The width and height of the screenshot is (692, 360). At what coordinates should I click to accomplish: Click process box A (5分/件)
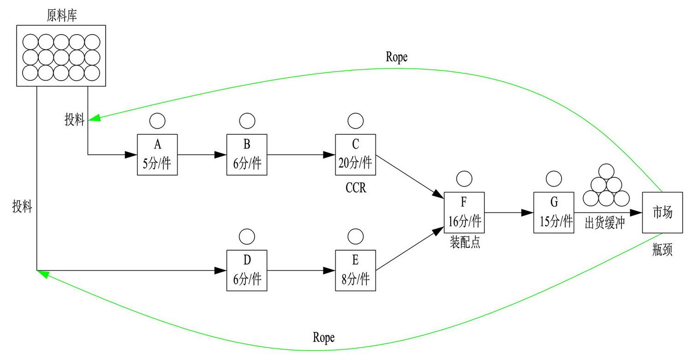tap(157, 155)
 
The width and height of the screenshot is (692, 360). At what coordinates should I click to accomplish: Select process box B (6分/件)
tap(247, 155)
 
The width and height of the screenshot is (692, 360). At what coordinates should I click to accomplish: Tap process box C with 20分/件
tap(355, 155)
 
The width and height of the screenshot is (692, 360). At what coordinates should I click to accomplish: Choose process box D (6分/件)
tap(247, 270)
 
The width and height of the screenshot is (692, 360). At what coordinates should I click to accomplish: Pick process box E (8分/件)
tap(355, 270)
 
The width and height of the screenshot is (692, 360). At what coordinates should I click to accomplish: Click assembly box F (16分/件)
tap(464, 212)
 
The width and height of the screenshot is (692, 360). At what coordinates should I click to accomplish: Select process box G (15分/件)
tap(554, 212)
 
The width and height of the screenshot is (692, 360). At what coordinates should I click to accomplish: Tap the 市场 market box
tap(662, 212)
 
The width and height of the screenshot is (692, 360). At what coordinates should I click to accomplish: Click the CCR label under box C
tap(356, 188)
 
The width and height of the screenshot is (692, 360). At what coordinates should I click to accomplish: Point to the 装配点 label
tap(465, 243)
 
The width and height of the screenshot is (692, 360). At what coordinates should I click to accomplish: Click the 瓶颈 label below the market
tap(662, 250)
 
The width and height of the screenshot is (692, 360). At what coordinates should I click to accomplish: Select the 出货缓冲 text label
tap(604, 223)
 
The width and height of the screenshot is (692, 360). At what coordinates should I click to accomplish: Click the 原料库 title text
tap(62, 16)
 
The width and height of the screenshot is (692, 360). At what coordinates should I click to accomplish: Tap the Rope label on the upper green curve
tap(396, 57)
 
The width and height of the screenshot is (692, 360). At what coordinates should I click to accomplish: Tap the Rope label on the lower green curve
tap(323, 337)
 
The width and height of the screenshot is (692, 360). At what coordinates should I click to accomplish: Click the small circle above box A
tap(157, 120)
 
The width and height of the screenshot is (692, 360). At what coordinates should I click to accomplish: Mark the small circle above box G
tap(554, 178)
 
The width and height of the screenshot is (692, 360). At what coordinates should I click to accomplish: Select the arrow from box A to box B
tap(202, 155)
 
